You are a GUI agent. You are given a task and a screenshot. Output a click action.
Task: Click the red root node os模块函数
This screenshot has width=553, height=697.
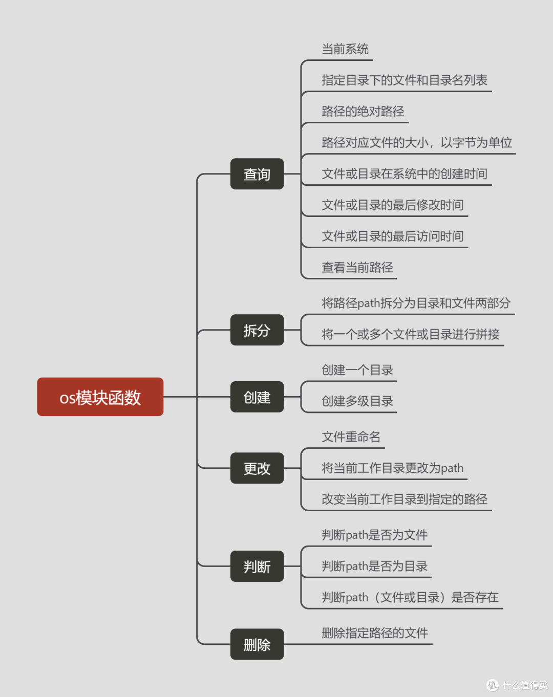click(x=100, y=397)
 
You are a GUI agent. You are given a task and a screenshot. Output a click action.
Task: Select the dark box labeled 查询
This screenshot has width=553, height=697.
click(x=257, y=174)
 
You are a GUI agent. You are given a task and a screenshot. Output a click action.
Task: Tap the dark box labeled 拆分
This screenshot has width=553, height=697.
click(x=257, y=330)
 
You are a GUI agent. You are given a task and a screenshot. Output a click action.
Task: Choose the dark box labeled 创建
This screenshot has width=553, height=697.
click(x=257, y=397)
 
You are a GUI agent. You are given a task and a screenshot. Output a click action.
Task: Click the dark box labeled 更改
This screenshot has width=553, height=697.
click(x=257, y=468)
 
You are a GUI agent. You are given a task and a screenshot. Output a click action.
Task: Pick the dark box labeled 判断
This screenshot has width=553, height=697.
click(x=257, y=567)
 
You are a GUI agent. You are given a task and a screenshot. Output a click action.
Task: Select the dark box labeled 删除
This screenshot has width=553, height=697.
click(x=257, y=644)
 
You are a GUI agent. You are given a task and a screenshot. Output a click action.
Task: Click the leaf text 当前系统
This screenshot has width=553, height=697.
click(x=345, y=49)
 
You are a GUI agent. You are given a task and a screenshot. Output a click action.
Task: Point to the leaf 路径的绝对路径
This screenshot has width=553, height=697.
click(x=363, y=112)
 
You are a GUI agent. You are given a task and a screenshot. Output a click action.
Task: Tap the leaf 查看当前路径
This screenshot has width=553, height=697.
click(x=357, y=268)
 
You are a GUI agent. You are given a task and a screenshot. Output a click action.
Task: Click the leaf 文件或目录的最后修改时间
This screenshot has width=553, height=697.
click(x=393, y=205)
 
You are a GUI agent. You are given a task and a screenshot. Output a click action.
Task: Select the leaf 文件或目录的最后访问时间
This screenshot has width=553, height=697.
click(x=393, y=236)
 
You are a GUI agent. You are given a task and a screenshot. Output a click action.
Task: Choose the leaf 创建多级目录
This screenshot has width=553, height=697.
click(x=357, y=401)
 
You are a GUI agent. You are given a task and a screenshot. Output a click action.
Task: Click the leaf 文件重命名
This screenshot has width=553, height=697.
click(x=351, y=437)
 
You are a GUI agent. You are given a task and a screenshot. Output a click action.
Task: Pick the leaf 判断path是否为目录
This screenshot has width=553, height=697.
click(x=375, y=567)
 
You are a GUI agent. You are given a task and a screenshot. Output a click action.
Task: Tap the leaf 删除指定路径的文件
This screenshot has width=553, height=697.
click(x=375, y=633)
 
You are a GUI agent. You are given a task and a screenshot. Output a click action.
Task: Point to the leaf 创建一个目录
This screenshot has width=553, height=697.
click(x=357, y=370)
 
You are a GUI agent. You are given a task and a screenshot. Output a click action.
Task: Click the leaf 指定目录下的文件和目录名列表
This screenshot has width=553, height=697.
click(x=405, y=80)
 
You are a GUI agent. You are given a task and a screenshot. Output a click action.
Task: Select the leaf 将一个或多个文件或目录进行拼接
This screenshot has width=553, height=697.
click(x=411, y=335)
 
